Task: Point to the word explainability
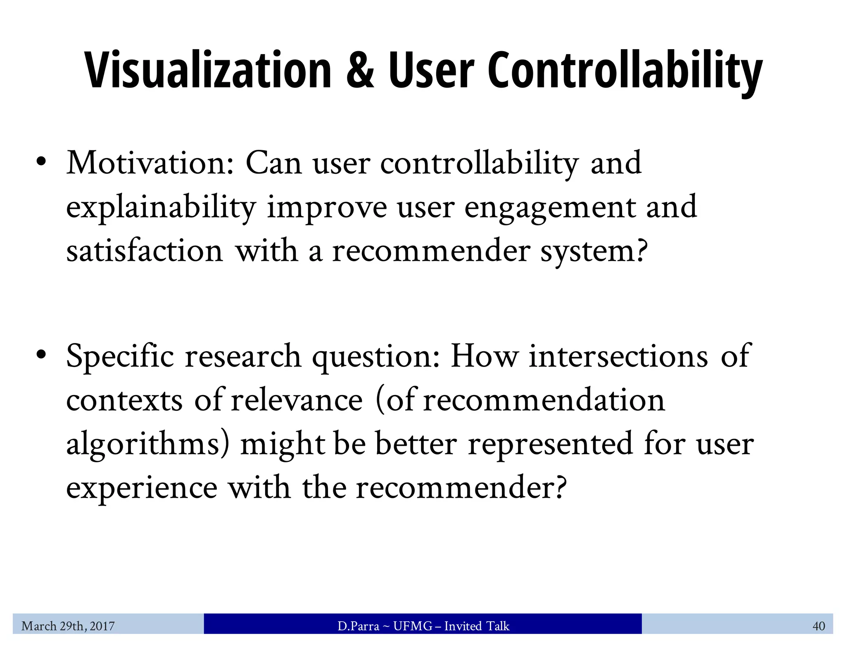pos(161,208)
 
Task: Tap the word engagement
pos(550,208)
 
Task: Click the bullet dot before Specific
pos(40,354)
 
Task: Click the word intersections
pos(618,356)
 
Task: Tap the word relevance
pos(297,400)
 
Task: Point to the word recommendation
pos(544,400)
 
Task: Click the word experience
pos(142,488)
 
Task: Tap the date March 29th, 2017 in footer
pos(68,626)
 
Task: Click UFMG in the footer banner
pos(412,626)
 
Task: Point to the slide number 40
pos(818,626)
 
